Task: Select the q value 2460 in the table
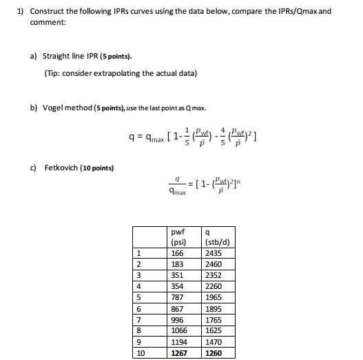tap(214, 264)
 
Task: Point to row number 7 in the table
tap(139, 320)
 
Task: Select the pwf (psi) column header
tap(180, 237)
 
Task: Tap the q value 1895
tap(214, 309)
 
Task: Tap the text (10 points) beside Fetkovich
tap(100, 168)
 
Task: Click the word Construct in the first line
tap(47, 12)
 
